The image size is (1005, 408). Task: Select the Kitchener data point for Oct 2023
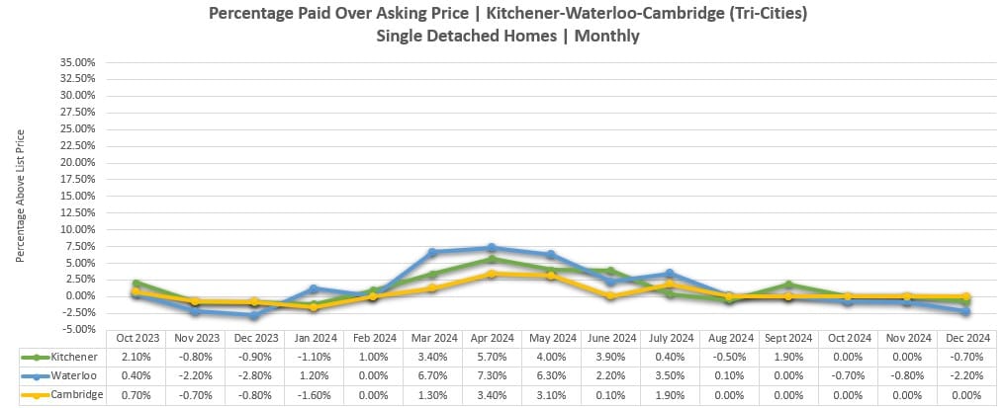pos(136,284)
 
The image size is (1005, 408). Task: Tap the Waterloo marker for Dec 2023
pos(254,315)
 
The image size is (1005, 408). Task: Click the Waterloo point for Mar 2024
pos(432,252)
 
